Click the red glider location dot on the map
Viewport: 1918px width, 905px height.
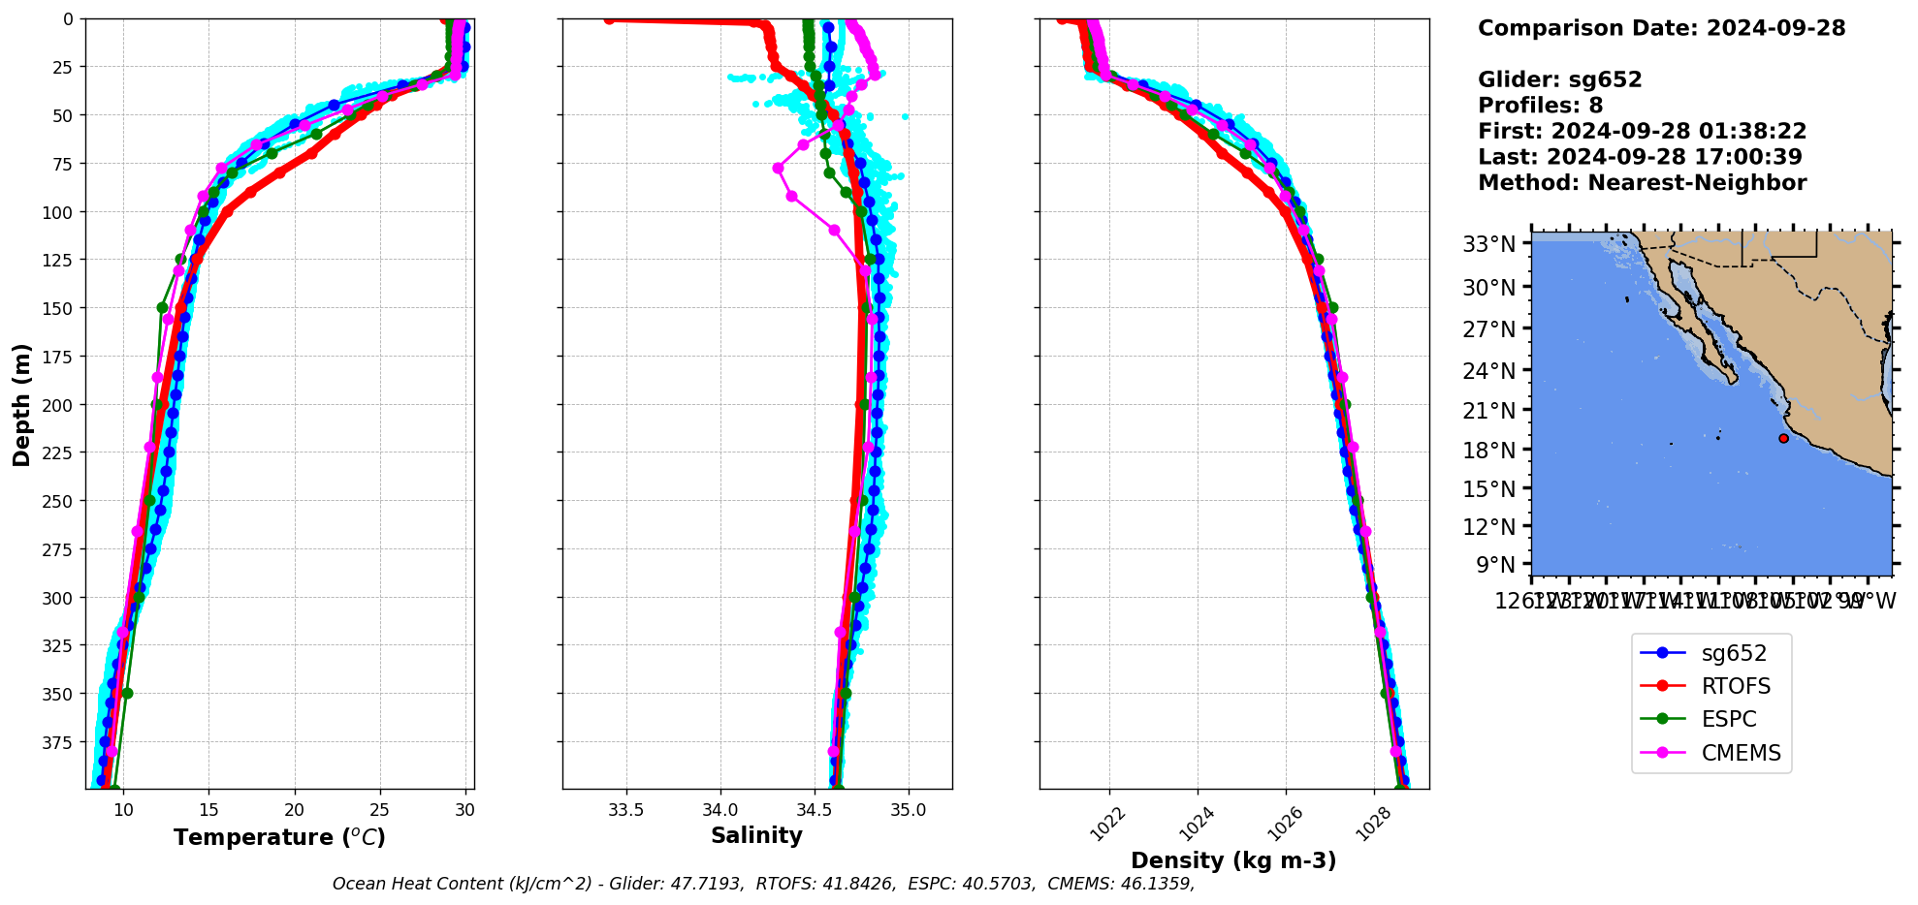pyautogui.click(x=1783, y=438)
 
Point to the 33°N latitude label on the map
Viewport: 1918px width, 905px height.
pyautogui.click(x=1488, y=244)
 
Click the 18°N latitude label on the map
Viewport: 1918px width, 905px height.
pyautogui.click(x=1488, y=451)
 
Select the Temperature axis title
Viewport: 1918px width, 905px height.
pyautogui.click(x=279, y=837)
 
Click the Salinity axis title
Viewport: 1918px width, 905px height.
pyautogui.click(x=756, y=836)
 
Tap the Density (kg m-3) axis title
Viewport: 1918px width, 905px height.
pyautogui.click(x=1233, y=860)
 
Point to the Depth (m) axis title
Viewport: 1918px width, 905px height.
pyautogui.click(x=21, y=404)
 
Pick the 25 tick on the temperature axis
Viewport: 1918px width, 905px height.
pyautogui.click(x=379, y=811)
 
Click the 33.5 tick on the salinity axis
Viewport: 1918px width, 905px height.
pyautogui.click(x=625, y=811)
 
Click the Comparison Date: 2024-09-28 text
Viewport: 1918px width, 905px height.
pyautogui.click(x=1661, y=28)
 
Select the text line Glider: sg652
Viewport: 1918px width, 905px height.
pyautogui.click(x=1559, y=79)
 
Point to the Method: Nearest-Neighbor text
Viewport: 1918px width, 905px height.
pyautogui.click(x=1642, y=183)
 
